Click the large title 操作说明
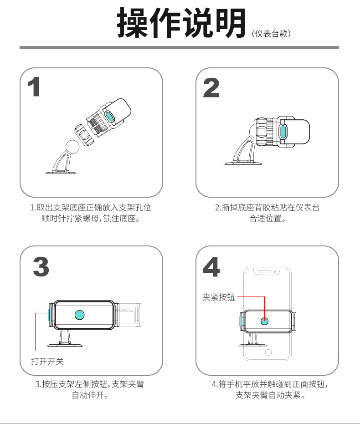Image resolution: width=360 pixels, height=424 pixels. coord(181,23)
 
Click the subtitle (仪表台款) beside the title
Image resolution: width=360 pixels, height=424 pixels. coord(271,34)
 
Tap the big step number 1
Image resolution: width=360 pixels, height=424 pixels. coord(34,87)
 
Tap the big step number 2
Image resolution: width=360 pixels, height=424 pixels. coord(211,87)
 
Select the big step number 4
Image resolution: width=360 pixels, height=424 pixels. coord(211,267)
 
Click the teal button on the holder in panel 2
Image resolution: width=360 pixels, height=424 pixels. coord(283,131)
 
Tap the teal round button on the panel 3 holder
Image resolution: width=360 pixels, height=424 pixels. coord(80,315)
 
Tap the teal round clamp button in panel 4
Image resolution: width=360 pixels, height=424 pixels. coord(264,321)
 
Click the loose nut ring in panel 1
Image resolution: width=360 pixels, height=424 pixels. coord(84,135)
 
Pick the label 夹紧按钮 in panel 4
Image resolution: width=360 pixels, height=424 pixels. coord(219,297)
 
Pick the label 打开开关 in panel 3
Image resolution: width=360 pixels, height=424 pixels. coord(47,361)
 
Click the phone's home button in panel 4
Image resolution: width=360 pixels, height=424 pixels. coord(268,352)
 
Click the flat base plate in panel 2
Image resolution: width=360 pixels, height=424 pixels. coord(243,163)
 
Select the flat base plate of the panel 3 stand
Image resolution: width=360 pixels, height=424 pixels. coord(65,345)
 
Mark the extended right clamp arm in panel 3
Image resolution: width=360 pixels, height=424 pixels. coord(128,315)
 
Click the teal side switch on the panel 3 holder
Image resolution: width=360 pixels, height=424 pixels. coord(49,315)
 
